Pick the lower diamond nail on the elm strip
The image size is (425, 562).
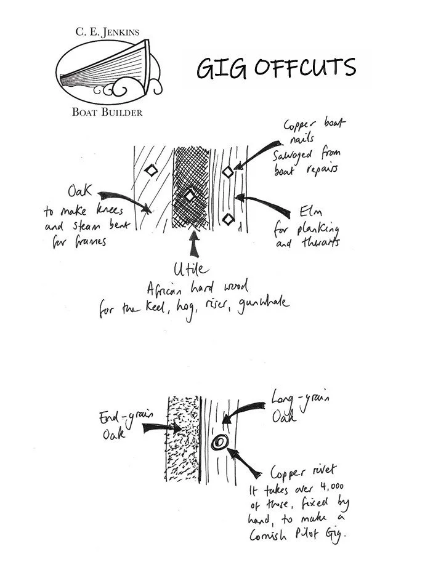tap(228, 219)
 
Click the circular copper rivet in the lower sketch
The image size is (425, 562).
tap(218, 443)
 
